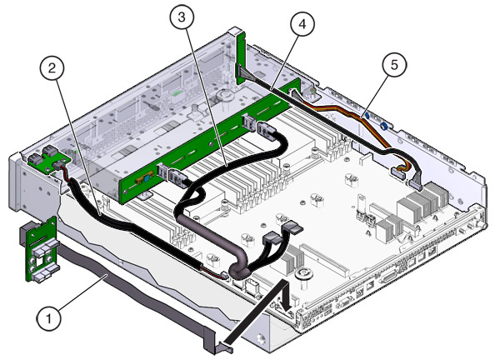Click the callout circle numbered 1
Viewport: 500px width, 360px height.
[x=50, y=317]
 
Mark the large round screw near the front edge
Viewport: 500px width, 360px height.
[x=305, y=272]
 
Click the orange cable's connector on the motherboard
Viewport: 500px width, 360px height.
[x=398, y=172]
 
